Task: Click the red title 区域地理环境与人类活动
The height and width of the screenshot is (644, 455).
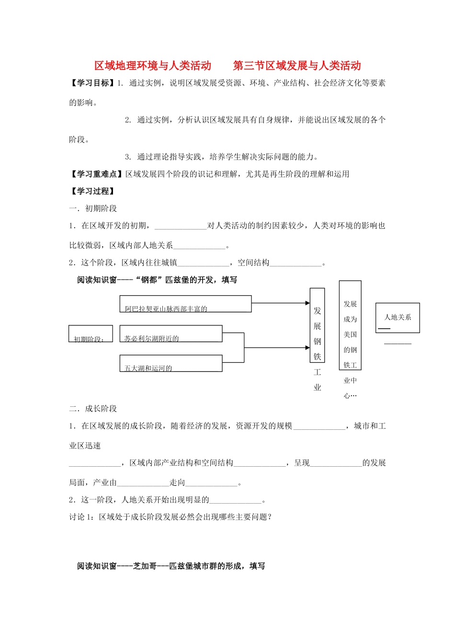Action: click(x=152, y=66)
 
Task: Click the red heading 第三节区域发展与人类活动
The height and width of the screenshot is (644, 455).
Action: click(x=297, y=66)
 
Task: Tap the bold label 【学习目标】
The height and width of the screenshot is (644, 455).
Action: click(x=92, y=83)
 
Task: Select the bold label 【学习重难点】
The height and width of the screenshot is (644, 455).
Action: click(x=97, y=174)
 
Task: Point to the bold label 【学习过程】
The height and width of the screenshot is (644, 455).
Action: click(x=93, y=191)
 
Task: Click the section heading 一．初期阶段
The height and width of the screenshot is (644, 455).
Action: click(x=93, y=208)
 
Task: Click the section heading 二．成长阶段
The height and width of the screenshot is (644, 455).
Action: click(x=93, y=409)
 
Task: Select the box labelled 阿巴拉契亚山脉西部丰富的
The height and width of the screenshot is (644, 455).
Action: click(x=185, y=304)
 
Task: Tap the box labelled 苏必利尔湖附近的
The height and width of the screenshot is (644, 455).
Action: click(x=171, y=333)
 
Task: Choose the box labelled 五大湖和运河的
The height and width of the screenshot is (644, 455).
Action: click(x=171, y=363)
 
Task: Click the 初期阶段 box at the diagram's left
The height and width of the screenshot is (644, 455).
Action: click(x=91, y=333)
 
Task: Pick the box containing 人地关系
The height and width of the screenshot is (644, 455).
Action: click(x=398, y=318)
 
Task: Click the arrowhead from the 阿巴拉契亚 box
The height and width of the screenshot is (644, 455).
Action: click(x=307, y=303)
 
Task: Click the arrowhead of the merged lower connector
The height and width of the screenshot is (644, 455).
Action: click(x=307, y=347)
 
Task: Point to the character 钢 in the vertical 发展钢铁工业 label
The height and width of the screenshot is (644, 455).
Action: click(x=317, y=342)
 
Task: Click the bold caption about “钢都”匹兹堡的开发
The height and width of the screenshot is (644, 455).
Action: click(x=157, y=280)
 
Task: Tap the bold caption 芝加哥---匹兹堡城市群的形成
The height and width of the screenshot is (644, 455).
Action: click(x=171, y=566)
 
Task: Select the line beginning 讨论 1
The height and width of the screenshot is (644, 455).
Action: click(x=171, y=517)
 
